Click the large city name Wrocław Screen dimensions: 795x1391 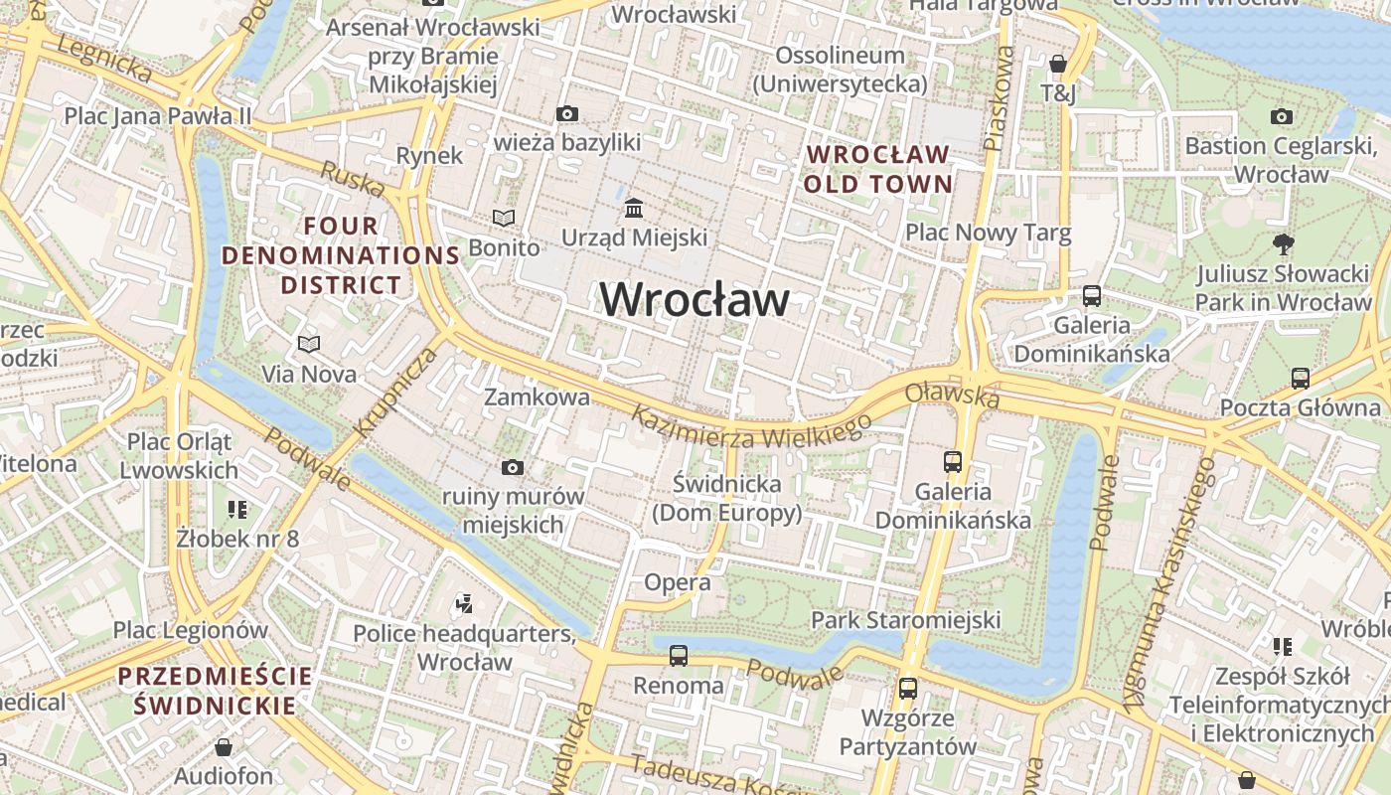click(x=695, y=299)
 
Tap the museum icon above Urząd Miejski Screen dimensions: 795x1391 click(x=634, y=209)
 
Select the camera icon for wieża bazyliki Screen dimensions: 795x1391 click(x=567, y=114)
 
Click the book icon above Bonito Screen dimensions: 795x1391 click(x=505, y=218)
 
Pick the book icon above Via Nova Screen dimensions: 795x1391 click(x=309, y=345)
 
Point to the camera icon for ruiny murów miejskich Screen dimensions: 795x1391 click(x=513, y=467)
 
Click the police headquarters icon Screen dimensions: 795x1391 click(x=463, y=602)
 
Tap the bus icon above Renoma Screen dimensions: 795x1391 click(x=679, y=656)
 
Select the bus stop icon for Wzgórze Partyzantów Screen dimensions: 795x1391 click(x=908, y=688)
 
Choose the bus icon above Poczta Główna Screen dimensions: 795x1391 click(x=1301, y=378)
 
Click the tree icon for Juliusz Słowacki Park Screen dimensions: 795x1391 click(x=1284, y=243)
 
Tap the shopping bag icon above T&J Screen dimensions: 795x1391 click(x=1058, y=64)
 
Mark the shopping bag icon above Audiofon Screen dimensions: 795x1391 click(x=224, y=747)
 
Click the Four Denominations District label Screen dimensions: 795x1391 click(x=341, y=255)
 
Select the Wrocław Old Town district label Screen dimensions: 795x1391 click(x=878, y=169)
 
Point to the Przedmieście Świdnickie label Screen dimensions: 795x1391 click(x=215, y=691)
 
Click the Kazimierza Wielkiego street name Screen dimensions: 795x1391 click(x=752, y=428)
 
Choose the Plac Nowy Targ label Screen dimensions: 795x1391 click(x=988, y=233)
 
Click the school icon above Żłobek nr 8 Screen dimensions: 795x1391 click(x=237, y=510)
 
